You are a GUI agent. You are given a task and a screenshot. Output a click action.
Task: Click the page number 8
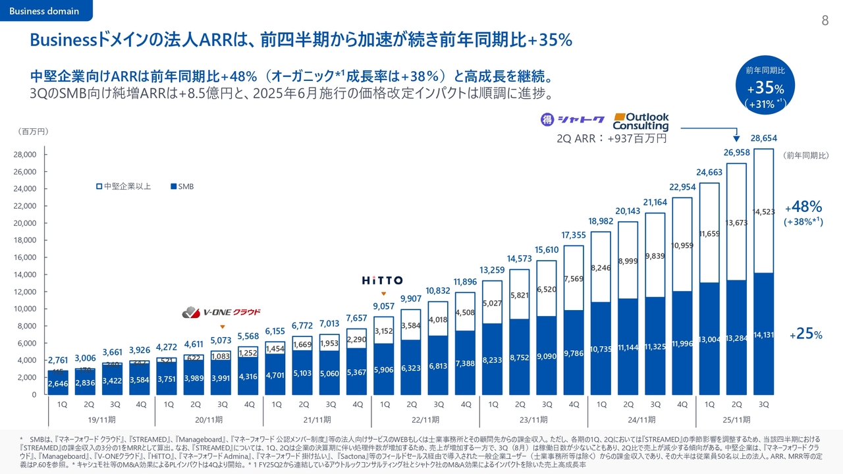pyautogui.click(x=825, y=20)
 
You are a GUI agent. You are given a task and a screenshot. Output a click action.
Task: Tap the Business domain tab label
pyautogui.click(x=45, y=11)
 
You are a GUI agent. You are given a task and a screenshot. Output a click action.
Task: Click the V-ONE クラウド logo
pyautogui.click(x=222, y=312)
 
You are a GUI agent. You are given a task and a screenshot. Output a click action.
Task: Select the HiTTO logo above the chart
pyautogui.click(x=383, y=280)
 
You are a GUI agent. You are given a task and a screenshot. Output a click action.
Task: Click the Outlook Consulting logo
pyautogui.click(x=640, y=120)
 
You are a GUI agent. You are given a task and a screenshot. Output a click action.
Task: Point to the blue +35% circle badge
pyautogui.click(x=765, y=86)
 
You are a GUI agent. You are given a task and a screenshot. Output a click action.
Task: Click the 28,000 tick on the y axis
pyautogui.click(x=28, y=155)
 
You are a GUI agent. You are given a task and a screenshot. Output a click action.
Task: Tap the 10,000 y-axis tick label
pyautogui.click(x=28, y=309)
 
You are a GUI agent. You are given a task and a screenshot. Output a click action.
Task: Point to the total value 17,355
pyautogui.click(x=574, y=235)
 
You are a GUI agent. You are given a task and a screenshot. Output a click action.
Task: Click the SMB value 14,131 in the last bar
pyautogui.click(x=763, y=334)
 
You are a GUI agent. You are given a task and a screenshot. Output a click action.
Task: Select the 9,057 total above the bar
pyautogui.click(x=383, y=306)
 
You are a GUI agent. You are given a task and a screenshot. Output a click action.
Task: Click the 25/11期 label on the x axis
pyautogui.click(x=736, y=419)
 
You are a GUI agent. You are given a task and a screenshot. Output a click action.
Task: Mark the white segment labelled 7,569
pyautogui.click(x=574, y=278)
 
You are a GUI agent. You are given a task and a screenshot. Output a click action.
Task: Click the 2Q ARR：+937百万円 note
pyautogui.click(x=612, y=139)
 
